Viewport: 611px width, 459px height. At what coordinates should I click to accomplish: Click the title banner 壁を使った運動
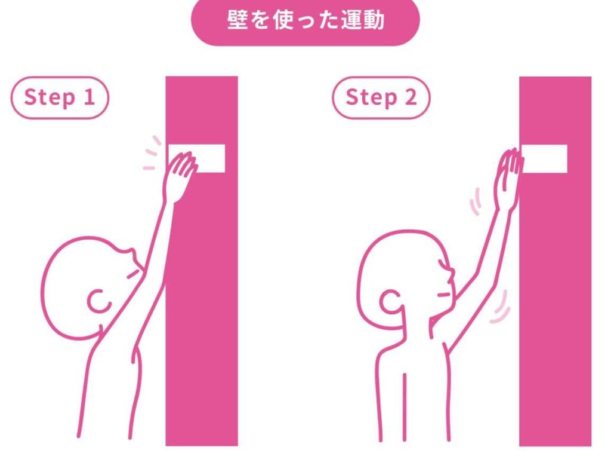coord(305,20)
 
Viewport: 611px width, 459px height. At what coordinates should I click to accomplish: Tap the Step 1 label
coord(60,97)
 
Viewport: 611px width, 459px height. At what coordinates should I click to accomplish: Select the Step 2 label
coord(381,97)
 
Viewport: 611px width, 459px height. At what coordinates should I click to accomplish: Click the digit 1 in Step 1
coord(90,97)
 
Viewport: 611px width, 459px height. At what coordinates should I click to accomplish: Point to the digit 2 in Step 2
coord(411,97)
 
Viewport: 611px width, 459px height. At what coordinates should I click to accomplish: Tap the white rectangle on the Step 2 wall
coord(544,158)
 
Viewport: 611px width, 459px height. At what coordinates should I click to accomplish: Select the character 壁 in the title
coord(237,20)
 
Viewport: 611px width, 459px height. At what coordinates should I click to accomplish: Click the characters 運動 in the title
coord(362,20)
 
